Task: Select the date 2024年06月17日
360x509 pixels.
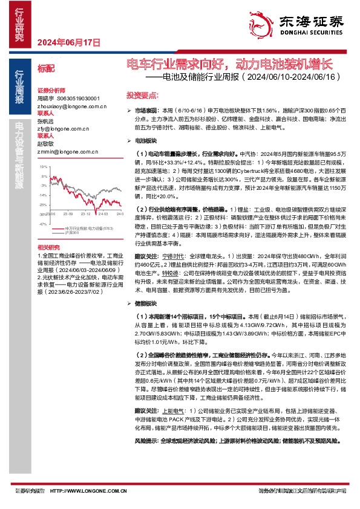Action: point(68,42)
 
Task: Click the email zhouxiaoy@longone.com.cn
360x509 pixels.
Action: point(63,104)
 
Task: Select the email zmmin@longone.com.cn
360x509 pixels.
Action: point(62,152)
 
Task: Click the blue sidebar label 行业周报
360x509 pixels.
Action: point(20,90)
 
